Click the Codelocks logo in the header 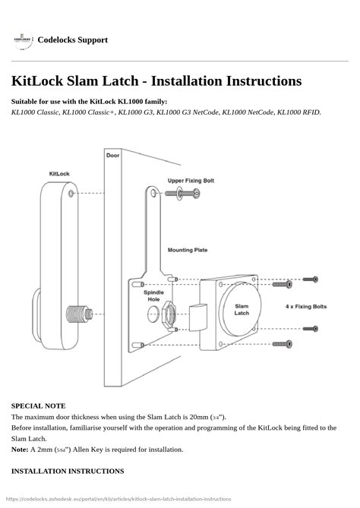pyautogui.click(x=23, y=39)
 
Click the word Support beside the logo pyautogui.click(x=93, y=39)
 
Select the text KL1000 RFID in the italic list pyautogui.click(x=298, y=112)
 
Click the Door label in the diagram pyautogui.click(x=112, y=156)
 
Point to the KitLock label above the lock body pyautogui.click(x=59, y=174)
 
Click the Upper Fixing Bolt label pyautogui.click(x=191, y=181)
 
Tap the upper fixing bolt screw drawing pyautogui.click(x=182, y=194)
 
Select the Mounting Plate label pyautogui.click(x=188, y=250)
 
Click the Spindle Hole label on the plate pyautogui.click(x=153, y=296)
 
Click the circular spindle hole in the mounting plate pyautogui.click(x=153, y=314)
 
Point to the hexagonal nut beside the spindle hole pyautogui.click(x=169, y=314)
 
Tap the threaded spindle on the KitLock pyautogui.click(x=80, y=314)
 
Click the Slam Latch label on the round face pyautogui.click(x=242, y=310)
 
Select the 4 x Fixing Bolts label pyautogui.click(x=306, y=307)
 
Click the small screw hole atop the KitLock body pyautogui.click(x=71, y=194)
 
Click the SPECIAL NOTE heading pyautogui.click(x=39, y=406)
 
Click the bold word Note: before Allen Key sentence pyautogui.click(x=20, y=450)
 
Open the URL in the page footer pyautogui.click(x=118, y=499)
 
